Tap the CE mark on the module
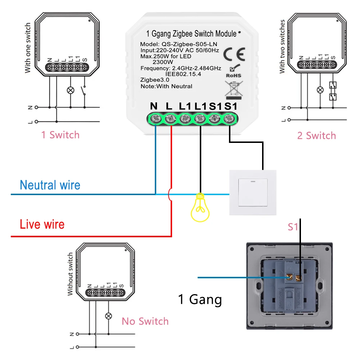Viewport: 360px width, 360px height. point(234,54)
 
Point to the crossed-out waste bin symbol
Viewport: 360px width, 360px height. point(233,90)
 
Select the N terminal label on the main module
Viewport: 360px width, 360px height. point(154,106)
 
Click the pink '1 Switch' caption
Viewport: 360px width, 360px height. point(60,135)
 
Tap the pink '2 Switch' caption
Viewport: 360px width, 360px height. point(316,136)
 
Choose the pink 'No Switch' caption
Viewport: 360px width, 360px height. point(145,321)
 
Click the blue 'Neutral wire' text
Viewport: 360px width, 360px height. point(50,185)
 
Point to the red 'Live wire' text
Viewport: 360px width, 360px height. point(42,224)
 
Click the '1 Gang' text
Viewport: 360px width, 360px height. point(200,300)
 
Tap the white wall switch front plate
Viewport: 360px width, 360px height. point(253,193)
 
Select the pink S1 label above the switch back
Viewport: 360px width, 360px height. point(293,227)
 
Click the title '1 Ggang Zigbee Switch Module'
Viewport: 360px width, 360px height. point(191,34)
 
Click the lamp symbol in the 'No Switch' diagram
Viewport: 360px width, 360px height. point(108,316)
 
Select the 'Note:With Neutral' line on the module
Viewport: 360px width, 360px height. point(166,86)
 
